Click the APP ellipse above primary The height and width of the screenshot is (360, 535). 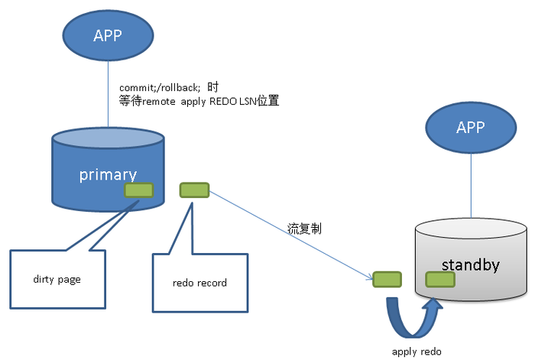click(x=108, y=35)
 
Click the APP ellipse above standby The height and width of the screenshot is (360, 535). click(x=470, y=128)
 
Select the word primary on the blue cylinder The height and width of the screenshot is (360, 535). click(x=108, y=174)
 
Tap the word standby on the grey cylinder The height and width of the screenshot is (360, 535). click(x=471, y=265)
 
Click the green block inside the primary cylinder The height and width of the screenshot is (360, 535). click(x=138, y=190)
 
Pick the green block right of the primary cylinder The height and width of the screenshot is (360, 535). click(x=194, y=190)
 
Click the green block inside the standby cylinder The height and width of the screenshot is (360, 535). click(x=441, y=280)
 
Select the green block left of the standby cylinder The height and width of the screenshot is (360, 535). click(x=387, y=279)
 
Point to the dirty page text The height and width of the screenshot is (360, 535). click(x=57, y=280)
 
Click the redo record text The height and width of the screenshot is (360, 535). click(x=200, y=283)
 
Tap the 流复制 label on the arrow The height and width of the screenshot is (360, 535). click(x=300, y=228)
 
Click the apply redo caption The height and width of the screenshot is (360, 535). click(x=417, y=351)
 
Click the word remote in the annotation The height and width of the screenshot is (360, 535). click(x=160, y=100)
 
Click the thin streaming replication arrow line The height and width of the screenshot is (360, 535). click(x=290, y=234)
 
